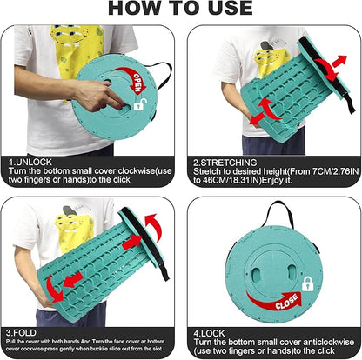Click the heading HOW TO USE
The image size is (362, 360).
coord(180,8)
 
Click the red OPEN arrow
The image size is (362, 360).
coord(132,78)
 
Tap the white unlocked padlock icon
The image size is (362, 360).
coord(140,105)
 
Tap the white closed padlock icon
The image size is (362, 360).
coord(307,283)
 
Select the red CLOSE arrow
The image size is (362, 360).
coord(276,302)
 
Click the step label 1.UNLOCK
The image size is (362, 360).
coord(30,162)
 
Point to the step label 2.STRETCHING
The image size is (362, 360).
coord(225,163)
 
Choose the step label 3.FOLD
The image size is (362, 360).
coord(21,332)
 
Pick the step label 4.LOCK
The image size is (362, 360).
coord(209,333)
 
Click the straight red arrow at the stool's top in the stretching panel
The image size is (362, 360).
coord(339,61)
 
